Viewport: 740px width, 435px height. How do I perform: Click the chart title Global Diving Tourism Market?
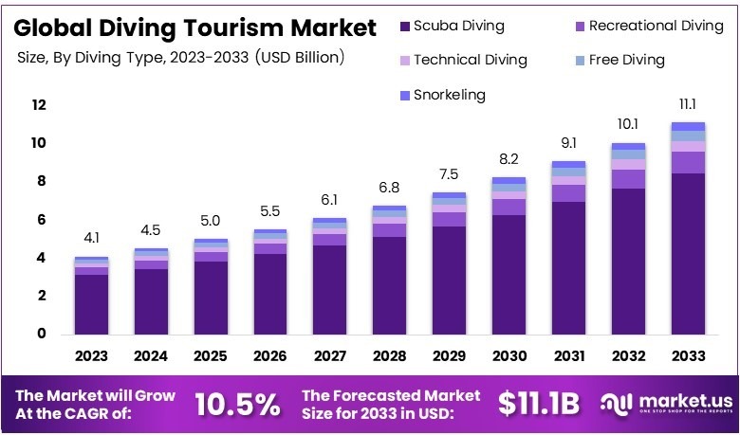coord(194,27)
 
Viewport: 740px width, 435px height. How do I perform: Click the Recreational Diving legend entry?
coord(646,26)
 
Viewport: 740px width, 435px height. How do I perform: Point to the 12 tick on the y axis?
coord(38,105)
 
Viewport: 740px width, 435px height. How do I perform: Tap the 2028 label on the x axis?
coord(389,356)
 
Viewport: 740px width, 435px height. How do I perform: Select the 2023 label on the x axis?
coord(92,356)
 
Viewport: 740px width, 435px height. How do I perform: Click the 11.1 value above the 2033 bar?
coord(688,102)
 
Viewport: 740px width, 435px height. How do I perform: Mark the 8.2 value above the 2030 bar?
coord(509,158)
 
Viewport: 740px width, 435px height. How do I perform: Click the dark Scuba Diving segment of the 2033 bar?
coord(688,253)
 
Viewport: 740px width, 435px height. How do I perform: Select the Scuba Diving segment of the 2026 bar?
coord(269,294)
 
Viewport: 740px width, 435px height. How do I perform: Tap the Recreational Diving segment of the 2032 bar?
coord(628,179)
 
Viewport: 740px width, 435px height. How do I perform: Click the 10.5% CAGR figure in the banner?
coord(237,404)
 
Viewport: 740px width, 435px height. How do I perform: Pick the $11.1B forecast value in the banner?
coord(538,404)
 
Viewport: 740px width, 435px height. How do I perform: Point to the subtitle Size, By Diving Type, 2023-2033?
coord(180,58)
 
